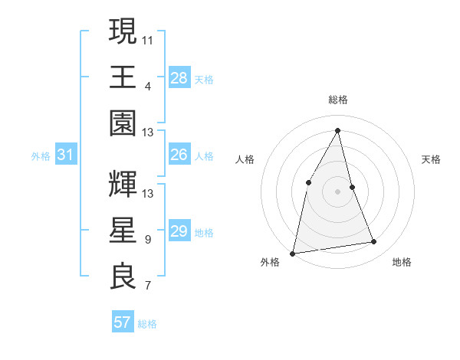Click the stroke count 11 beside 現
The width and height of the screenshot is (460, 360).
click(x=148, y=38)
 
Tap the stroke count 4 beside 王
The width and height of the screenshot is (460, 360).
click(x=147, y=85)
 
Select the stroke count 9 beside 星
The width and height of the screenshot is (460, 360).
click(x=147, y=239)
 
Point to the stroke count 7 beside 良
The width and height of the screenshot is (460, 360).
click(x=147, y=286)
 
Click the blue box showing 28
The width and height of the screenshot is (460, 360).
click(x=179, y=77)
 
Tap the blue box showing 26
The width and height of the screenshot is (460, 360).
click(x=179, y=155)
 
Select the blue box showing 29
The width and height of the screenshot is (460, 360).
click(x=179, y=231)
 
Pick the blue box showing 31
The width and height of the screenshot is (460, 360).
click(x=65, y=155)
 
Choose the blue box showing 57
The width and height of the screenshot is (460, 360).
click(x=122, y=322)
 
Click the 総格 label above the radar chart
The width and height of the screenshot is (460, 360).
click(x=338, y=100)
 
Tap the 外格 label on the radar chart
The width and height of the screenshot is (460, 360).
click(x=270, y=262)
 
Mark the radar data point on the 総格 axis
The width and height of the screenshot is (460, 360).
click(x=338, y=130)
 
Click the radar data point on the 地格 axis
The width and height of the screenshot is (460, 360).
click(x=374, y=242)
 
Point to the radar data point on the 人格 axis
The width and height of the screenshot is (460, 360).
click(x=308, y=182)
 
